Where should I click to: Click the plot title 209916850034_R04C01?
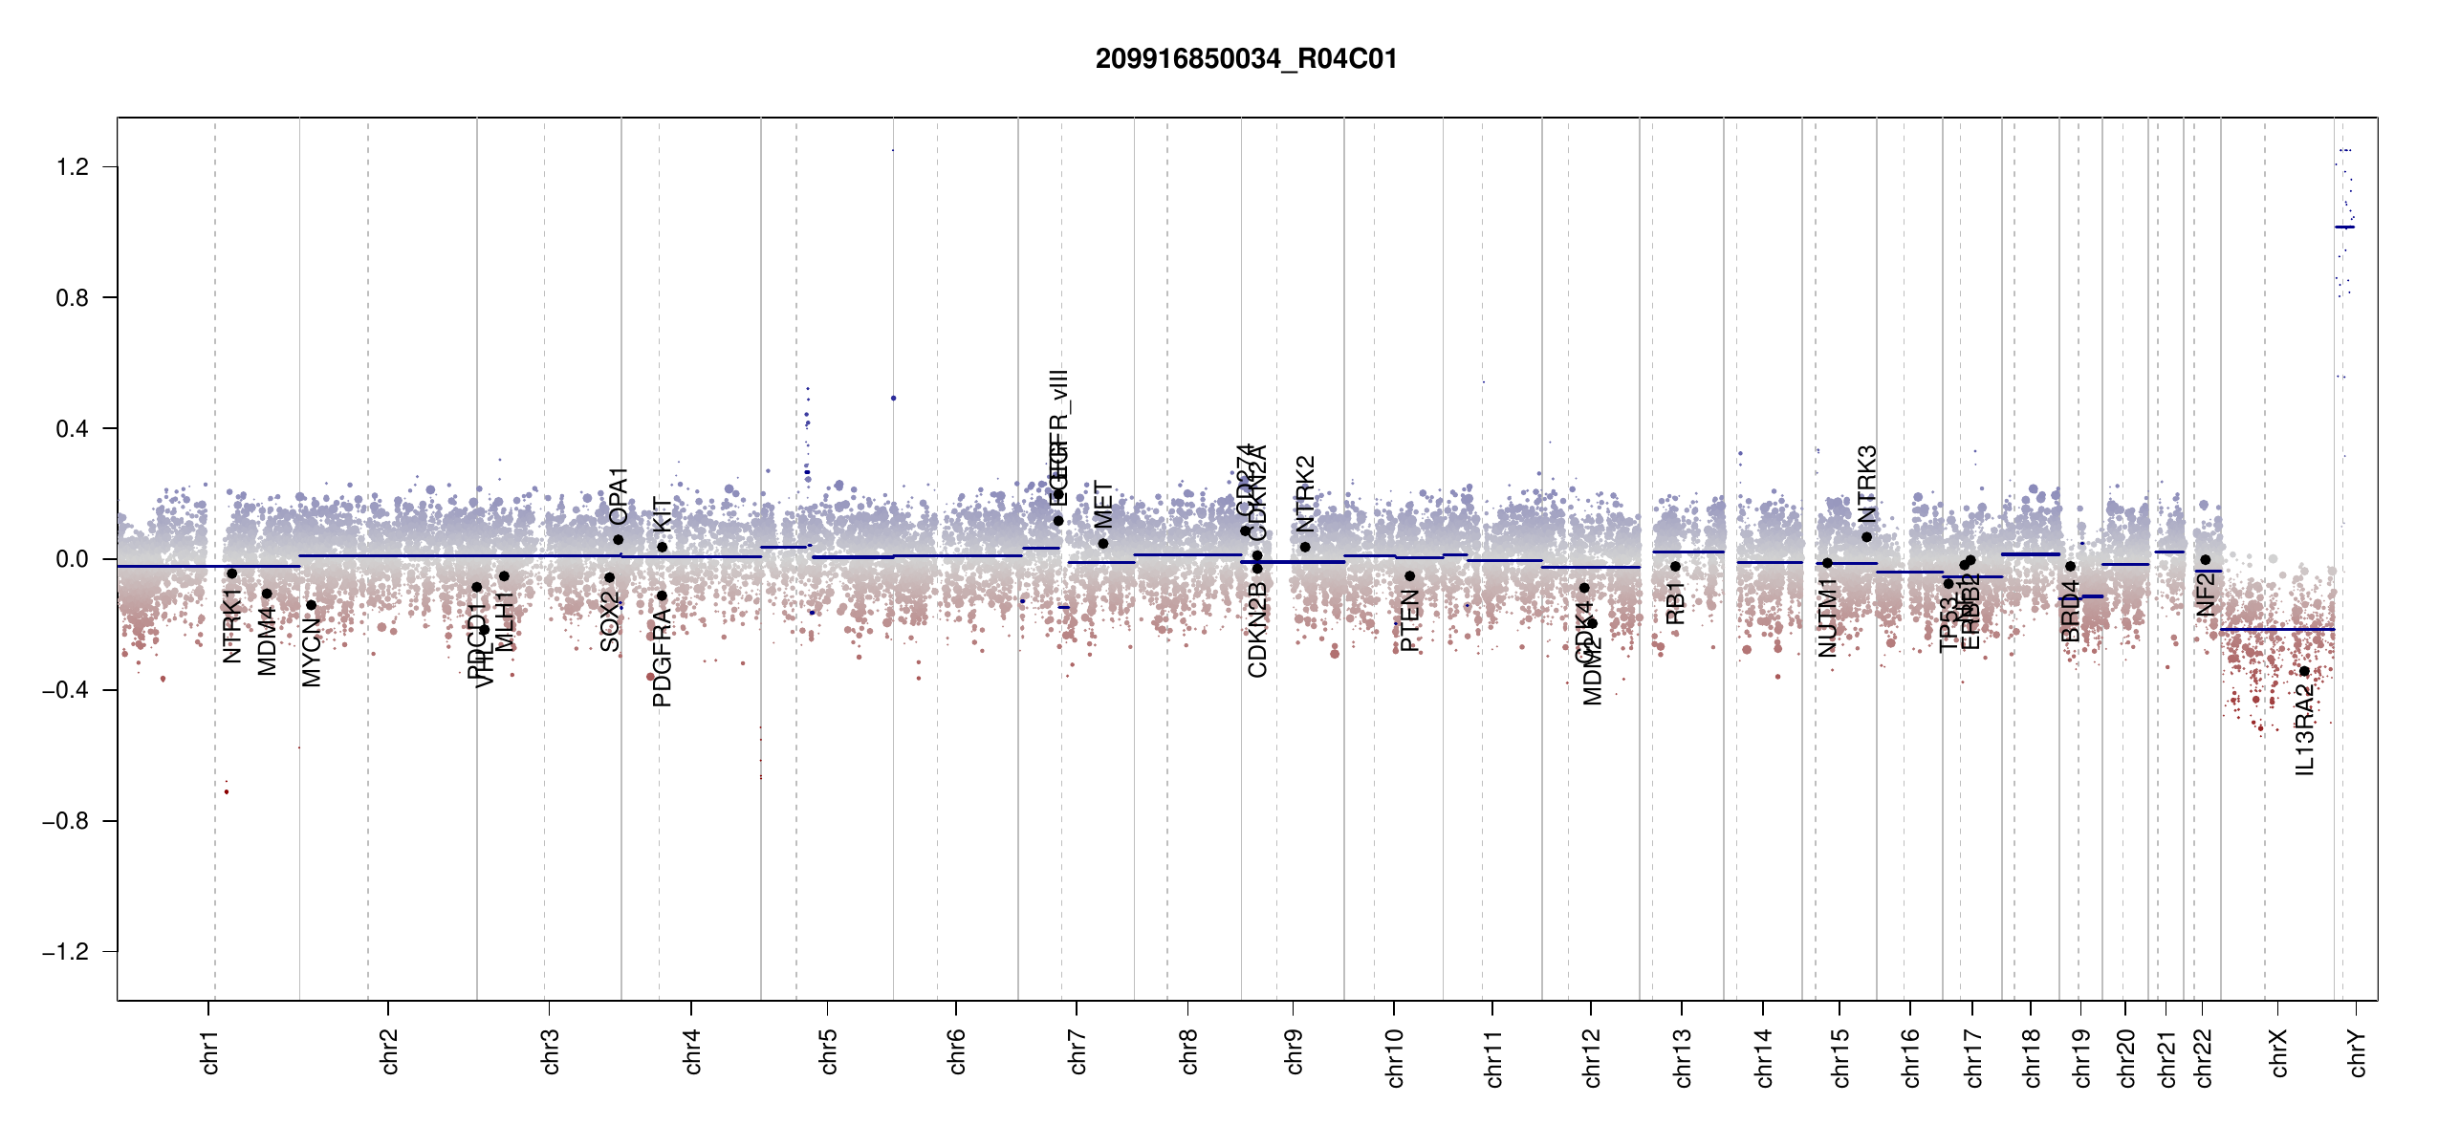[1246, 59]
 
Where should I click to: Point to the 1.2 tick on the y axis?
[73, 167]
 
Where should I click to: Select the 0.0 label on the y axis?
[73, 559]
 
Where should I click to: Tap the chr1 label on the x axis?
[210, 1051]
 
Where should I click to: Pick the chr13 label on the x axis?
[1683, 1057]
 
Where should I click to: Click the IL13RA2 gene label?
[2305, 733]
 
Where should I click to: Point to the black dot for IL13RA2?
[2304, 671]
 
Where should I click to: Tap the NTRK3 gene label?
[1867, 484]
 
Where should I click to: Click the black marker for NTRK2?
[1305, 547]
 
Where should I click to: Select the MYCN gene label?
[312, 651]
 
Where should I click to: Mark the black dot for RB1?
[1675, 567]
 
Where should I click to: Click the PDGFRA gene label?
[662, 658]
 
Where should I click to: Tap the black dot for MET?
[1103, 544]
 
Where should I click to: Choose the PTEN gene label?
[1409, 621]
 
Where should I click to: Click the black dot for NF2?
[2205, 560]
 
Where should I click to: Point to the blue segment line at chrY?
[2344, 227]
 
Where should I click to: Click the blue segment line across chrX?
[2276, 629]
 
